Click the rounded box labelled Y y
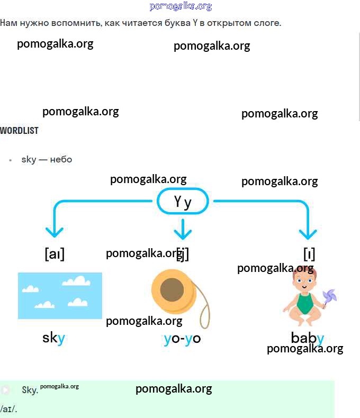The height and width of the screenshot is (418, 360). pos(183,202)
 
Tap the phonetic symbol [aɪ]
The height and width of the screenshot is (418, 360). pos(55,254)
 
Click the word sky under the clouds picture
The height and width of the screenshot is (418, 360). pos(53,338)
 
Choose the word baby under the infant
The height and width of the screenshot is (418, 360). pos(307,338)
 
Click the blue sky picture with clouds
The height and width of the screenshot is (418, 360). pos(60,295)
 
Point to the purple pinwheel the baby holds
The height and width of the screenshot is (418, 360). pos(329,297)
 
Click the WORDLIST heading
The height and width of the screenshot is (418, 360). pos(20,130)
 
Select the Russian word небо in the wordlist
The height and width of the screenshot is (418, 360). pos(61,159)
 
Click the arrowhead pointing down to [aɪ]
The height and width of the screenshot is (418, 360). pos(55,232)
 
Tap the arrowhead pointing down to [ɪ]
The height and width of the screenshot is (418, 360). pos(308,233)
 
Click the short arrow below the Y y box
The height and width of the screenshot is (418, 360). pos(183,229)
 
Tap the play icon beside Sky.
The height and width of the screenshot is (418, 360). pos(5,390)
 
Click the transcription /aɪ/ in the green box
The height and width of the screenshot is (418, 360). pos(9,409)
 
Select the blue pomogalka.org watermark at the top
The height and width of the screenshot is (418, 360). pos(181,6)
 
